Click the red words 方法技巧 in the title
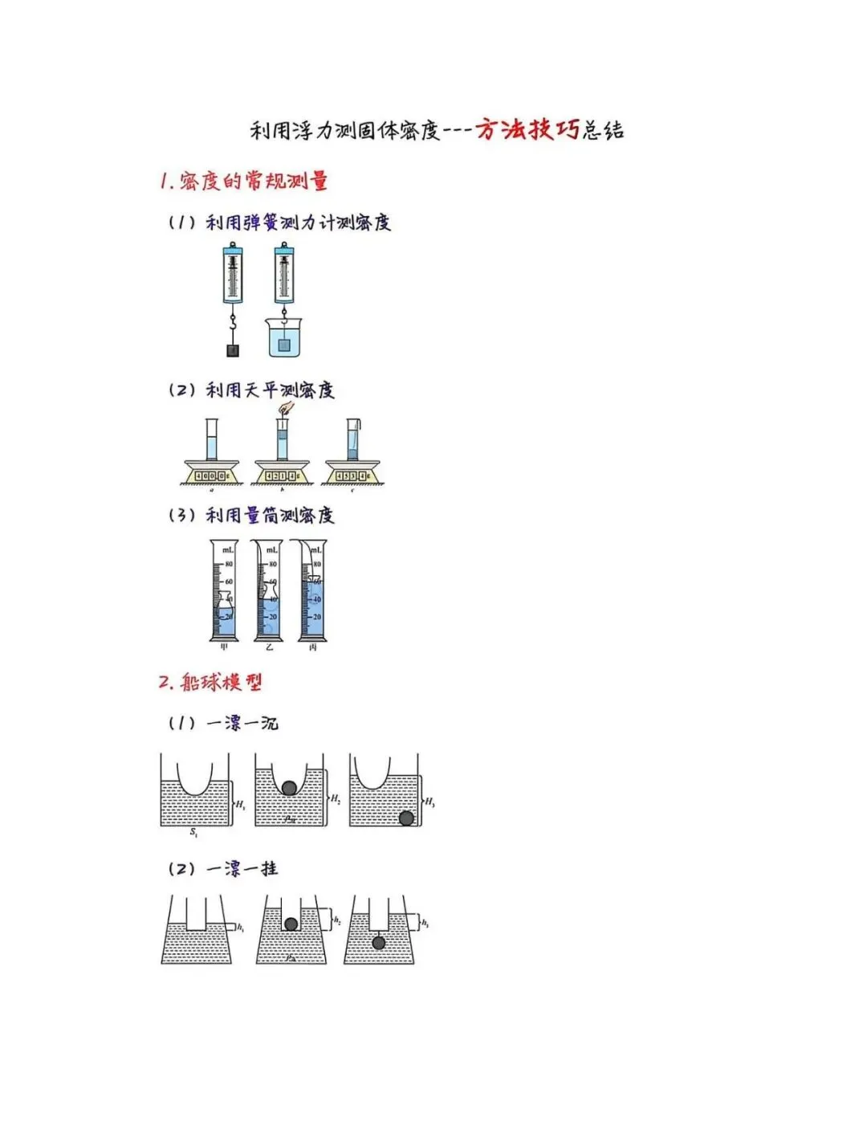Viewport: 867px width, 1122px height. coord(527,129)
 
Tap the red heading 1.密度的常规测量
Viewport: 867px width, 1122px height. coord(244,181)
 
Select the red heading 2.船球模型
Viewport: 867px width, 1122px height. coord(210,682)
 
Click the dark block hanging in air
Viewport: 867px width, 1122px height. coord(233,350)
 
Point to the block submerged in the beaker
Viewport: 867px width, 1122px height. coord(283,345)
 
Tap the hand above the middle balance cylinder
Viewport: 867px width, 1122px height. coord(285,408)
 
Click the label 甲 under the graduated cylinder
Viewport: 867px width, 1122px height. coord(224,647)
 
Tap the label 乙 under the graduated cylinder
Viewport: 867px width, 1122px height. coord(268,647)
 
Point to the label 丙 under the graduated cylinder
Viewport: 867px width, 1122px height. coord(312,647)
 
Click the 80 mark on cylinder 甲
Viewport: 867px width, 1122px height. coord(229,564)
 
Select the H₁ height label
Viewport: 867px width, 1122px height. coord(240,804)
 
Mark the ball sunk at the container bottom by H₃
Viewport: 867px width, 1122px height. coord(406,818)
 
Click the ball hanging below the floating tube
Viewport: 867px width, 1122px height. coord(379,942)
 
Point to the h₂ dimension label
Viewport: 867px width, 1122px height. coord(337,920)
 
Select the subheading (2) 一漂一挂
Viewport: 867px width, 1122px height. coord(223,868)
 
